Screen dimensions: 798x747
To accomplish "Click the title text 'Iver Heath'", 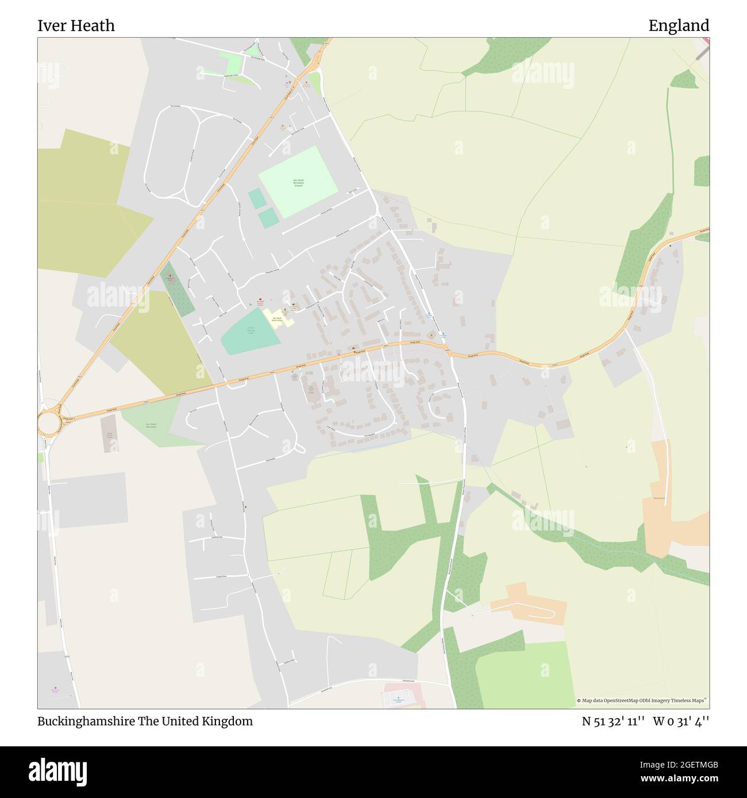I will [76, 26].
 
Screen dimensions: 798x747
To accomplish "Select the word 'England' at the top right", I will [679, 26].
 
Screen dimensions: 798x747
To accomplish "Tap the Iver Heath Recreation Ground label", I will [297, 183].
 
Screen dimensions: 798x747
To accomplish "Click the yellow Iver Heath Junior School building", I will [278, 317].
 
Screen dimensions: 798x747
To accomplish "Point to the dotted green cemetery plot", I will [177, 290].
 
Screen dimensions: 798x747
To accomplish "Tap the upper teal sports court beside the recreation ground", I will [257, 199].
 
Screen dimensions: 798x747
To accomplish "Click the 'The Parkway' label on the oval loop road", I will [176, 107].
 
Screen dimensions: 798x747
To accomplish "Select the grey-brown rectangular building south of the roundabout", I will [108, 434].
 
